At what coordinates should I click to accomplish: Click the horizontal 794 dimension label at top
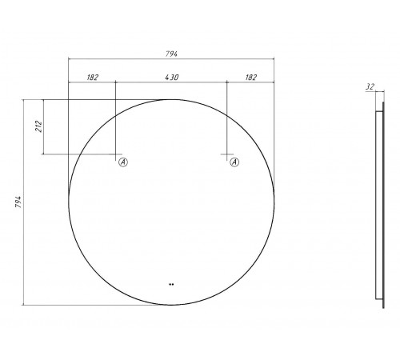[x=171, y=54]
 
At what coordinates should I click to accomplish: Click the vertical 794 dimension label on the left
[x=18, y=202]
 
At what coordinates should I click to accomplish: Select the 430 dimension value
[x=172, y=78]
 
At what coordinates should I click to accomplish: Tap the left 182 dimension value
[x=92, y=78]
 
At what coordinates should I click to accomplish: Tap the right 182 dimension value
[x=250, y=78]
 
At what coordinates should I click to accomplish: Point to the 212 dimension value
[x=39, y=126]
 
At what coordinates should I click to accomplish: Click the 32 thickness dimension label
[x=370, y=86]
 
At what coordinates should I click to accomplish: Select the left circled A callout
[x=123, y=162]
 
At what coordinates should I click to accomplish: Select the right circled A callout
[x=234, y=162]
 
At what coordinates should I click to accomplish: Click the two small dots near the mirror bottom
[x=171, y=284]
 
